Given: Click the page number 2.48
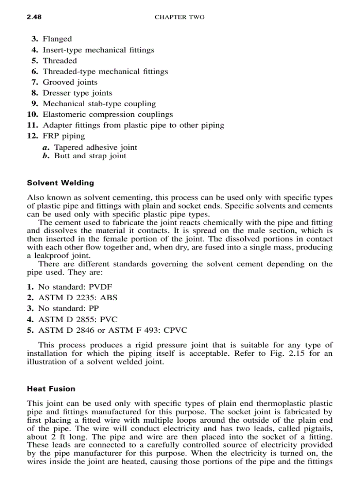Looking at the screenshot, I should click(x=34, y=17).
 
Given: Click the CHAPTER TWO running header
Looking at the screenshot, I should click(x=180, y=17).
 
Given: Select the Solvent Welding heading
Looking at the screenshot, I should click(x=60, y=182).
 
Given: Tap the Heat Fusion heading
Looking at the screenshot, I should click(x=51, y=389).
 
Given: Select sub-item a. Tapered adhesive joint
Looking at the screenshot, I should click(x=90, y=147).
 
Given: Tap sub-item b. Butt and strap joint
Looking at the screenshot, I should click(x=85, y=156).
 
